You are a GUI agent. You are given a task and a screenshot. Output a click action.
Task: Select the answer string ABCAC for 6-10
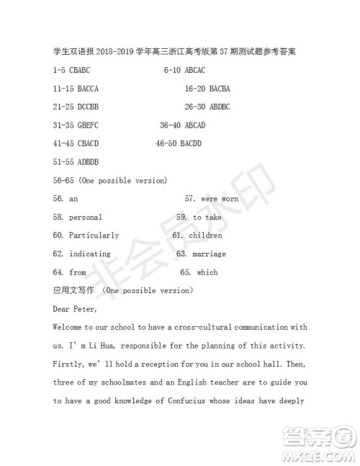[195, 71]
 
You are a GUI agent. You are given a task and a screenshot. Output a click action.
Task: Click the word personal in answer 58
[85, 217]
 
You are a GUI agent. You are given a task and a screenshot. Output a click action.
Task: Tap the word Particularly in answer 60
[94, 236]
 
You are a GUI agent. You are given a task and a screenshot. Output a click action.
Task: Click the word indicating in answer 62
[89, 254]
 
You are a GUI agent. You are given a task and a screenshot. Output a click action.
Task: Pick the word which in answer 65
[207, 272]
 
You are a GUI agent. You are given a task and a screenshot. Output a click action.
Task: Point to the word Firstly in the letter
[68, 364]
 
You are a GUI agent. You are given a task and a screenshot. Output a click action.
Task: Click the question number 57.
[190, 199]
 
